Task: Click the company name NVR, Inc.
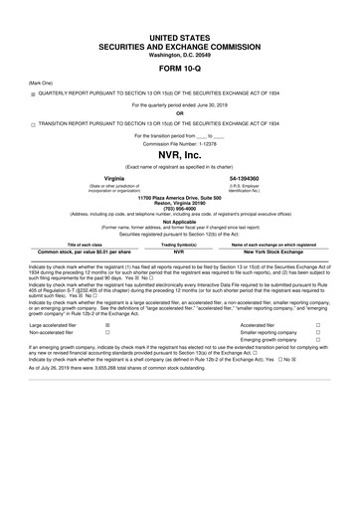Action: click(x=180, y=157)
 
